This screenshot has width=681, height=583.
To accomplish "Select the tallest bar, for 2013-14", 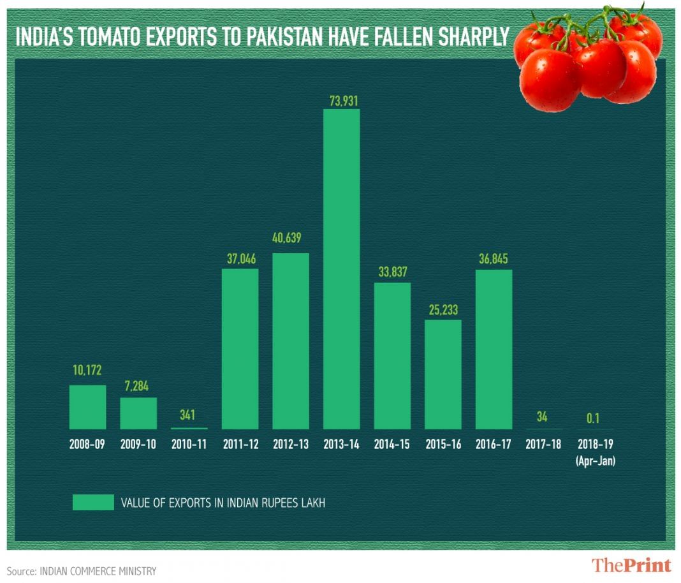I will pyautogui.click(x=341, y=269).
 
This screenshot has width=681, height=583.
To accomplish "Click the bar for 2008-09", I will pyautogui.click(x=87, y=407).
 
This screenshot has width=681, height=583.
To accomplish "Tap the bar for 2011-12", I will pyautogui.click(x=240, y=348).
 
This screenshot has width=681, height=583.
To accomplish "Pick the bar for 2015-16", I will pyautogui.click(x=443, y=374).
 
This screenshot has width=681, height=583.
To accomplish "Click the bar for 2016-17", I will pyautogui.click(x=494, y=349).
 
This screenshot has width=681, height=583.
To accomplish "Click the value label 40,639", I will pyautogui.click(x=291, y=239).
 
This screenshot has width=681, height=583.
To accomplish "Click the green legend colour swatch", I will pyautogui.click(x=92, y=502).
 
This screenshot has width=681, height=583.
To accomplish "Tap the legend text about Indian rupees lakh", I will pyautogui.click(x=223, y=503).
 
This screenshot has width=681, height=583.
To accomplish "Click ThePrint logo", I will pyautogui.click(x=631, y=565).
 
